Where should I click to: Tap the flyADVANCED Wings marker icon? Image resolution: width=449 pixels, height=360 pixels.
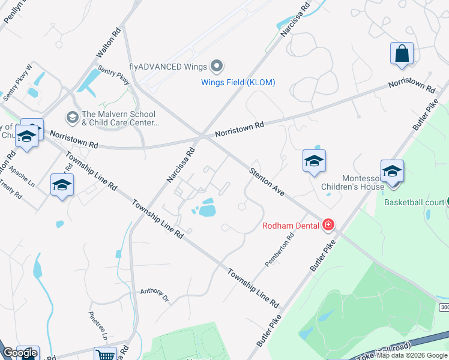tap(217, 66)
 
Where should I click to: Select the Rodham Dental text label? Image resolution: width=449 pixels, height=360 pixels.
tap(291, 226)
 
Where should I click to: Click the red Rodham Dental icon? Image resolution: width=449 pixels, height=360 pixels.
tap(328, 226)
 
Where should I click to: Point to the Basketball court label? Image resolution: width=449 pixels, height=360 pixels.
tap(412, 202)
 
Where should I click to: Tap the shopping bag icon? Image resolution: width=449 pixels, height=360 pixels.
tap(402, 53)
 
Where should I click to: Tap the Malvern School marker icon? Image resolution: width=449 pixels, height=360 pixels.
tap(73, 116)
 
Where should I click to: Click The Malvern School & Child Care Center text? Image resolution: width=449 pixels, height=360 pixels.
tap(118, 119)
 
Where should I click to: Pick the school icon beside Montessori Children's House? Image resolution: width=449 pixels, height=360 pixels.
tap(392, 171)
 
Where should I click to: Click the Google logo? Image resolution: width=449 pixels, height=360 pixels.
tap(20, 353)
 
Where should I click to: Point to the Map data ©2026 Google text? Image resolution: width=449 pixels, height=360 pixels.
tap(412, 355)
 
